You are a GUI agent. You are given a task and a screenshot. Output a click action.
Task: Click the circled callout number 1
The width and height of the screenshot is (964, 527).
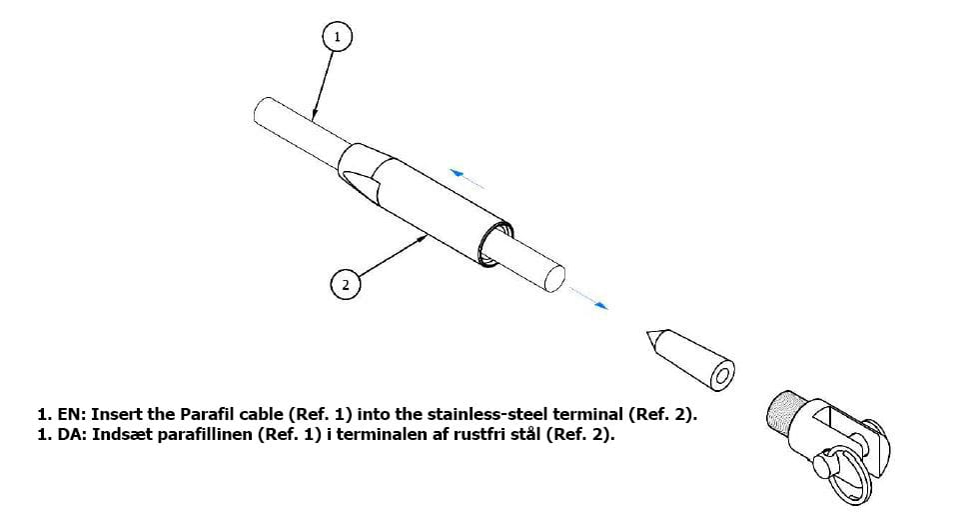pos(337,37)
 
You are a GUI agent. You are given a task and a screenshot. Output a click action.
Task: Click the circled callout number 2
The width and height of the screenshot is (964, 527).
pos(346,284)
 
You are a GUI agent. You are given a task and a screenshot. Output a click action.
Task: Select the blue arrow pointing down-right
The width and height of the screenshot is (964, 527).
pos(588,297)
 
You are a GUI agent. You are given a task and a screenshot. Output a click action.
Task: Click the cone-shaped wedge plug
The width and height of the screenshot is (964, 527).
pos(690,360)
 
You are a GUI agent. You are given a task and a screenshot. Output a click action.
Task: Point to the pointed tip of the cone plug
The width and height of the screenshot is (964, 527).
pos(646,332)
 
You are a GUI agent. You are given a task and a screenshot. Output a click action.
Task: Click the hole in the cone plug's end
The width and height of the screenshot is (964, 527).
pos(722,376)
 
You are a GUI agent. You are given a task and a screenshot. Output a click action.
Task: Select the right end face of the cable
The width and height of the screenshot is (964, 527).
pos(553,278)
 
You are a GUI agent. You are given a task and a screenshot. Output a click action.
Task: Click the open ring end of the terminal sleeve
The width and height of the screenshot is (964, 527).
pos(494,244)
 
